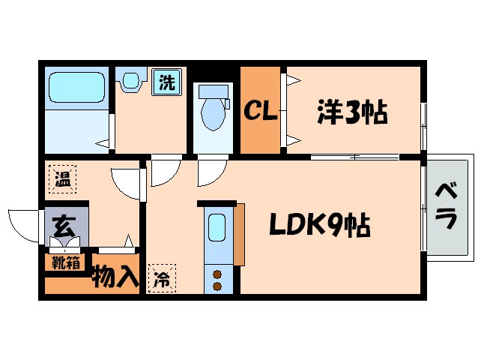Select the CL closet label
[260, 112]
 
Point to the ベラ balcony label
[446, 205]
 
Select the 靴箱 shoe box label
[65, 262]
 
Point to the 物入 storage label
[115, 277]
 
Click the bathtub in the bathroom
[76, 88]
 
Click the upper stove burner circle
[218, 274]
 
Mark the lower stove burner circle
[218, 286]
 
